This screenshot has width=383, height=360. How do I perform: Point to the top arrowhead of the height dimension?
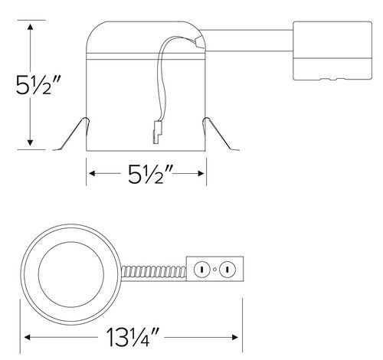point(30,27)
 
